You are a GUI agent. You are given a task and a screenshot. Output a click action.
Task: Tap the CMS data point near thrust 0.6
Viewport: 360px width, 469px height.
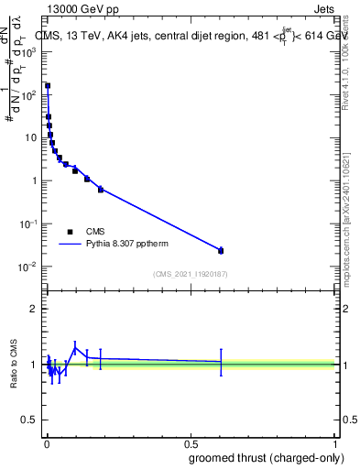pos(221,250)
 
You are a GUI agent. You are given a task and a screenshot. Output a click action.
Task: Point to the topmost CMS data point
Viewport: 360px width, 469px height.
pos(48,85)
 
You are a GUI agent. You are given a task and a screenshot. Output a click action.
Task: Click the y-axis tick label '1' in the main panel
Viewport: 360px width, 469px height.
pos(36,180)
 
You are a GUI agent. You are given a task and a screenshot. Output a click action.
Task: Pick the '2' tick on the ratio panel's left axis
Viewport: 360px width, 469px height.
pos(36,309)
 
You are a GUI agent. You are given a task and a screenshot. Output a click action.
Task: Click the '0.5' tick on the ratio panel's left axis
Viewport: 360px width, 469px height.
pos(32,421)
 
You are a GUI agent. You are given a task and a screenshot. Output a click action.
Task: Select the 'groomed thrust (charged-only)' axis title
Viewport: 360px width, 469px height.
pos(272,457)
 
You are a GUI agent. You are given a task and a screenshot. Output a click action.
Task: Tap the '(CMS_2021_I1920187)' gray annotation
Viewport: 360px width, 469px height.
pos(190,274)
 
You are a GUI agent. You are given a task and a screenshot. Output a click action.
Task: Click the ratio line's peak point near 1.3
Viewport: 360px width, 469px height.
pos(75,347)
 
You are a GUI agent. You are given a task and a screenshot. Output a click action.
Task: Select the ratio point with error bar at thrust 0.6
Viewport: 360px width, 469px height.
pos(221,362)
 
